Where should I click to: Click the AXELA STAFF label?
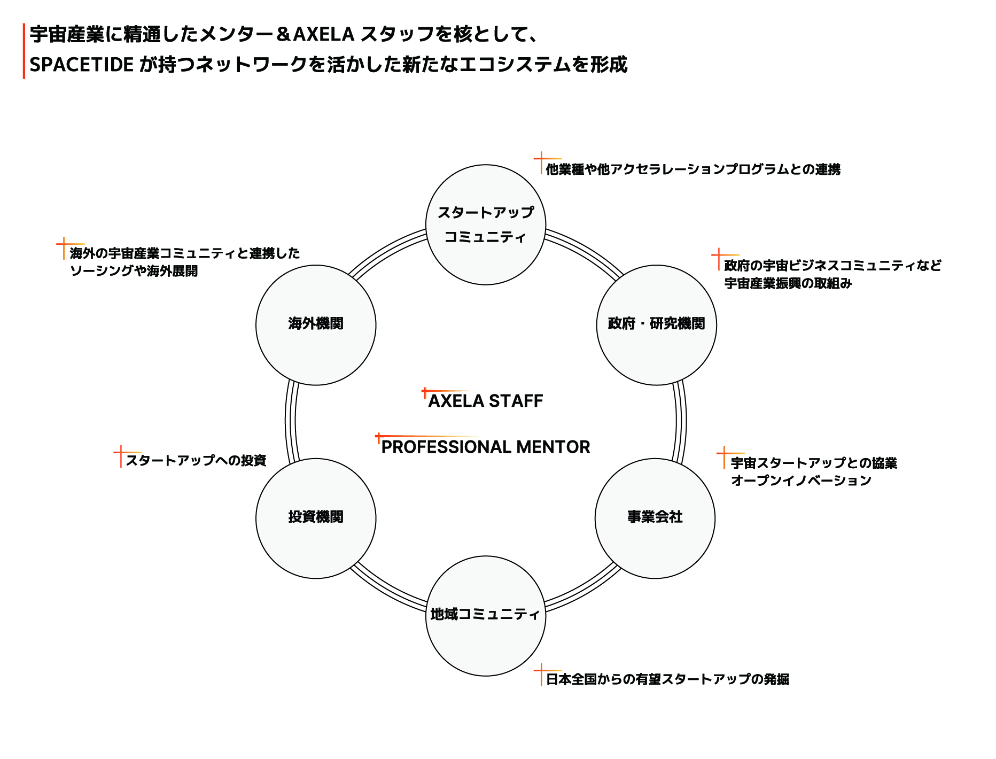486,401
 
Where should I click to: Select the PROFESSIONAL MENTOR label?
486,447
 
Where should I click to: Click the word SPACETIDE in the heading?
81,65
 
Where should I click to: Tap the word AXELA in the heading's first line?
324,34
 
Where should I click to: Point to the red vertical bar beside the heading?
24,51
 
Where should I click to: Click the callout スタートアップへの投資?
196,460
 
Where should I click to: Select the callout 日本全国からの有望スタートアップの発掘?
667,679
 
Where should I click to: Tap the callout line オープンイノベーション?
801,481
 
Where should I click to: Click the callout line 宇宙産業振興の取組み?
788,283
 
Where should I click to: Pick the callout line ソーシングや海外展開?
134,271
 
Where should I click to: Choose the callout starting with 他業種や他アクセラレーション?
693,169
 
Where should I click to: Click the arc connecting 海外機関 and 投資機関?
291,422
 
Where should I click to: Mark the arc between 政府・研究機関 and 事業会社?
681,422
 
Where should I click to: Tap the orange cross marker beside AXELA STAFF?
425,392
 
